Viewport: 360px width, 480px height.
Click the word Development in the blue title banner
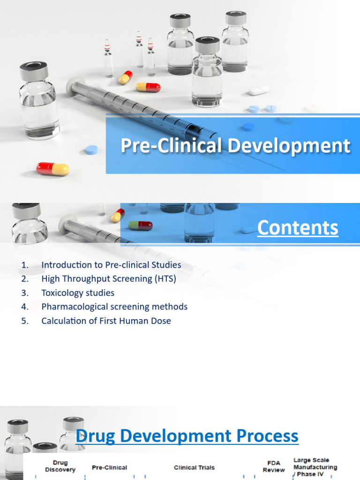pyautogui.click(x=289, y=146)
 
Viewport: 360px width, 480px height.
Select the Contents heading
pyautogui.click(x=297, y=228)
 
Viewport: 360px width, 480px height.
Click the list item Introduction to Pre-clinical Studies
pyautogui.click(x=111, y=265)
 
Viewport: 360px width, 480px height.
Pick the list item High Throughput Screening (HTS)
pyautogui.click(x=109, y=279)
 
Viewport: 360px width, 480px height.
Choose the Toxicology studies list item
pyautogui.click(x=78, y=293)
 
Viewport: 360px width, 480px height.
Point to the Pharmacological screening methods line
pyautogui.click(x=114, y=307)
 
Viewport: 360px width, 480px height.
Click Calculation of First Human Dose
pyautogui.click(x=106, y=321)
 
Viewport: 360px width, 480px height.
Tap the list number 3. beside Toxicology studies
pyautogui.click(x=25, y=293)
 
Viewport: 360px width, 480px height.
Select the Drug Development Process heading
pyautogui.click(x=187, y=436)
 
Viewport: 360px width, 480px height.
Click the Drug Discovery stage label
pyautogui.click(x=60, y=466)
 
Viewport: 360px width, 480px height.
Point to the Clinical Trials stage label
pyautogui.click(x=194, y=467)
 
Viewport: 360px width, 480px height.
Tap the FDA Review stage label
pyautogui.click(x=274, y=466)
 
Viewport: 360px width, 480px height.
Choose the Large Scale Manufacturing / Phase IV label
pyautogui.click(x=315, y=467)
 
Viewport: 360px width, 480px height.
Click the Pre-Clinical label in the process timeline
pyautogui.click(x=109, y=467)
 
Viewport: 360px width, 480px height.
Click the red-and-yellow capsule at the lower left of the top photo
pyautogui.click(x=52, y=169)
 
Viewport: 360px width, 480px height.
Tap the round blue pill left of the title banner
pyautogui.click(x=91, y=150)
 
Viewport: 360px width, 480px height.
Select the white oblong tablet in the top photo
pyautogui.click(x=259, y=90)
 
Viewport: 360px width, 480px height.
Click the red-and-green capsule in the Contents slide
pyautogui.click(x=141, y=225)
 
